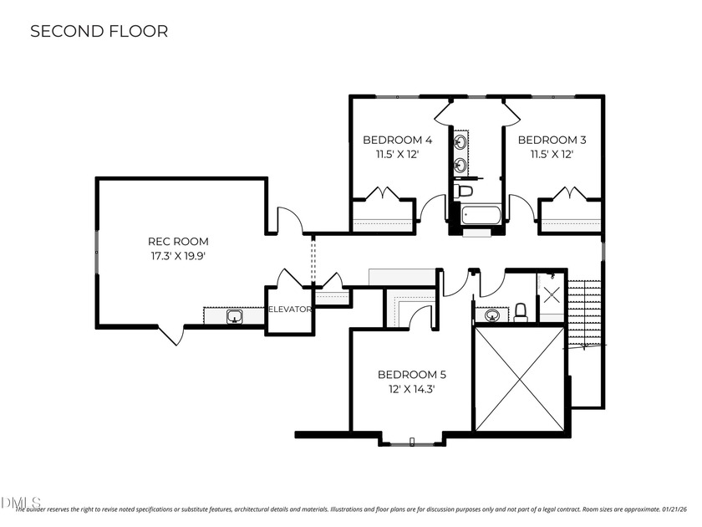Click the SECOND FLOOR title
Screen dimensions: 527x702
click(99, 32)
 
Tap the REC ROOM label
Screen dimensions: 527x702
click(178, 242)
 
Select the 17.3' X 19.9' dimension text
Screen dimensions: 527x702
click(178, 256)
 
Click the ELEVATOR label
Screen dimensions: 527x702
click(290, 310)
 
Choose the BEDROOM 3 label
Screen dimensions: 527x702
click(552, 140)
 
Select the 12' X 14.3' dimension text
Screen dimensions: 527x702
click(412, 389)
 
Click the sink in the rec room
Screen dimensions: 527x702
click(236, 316)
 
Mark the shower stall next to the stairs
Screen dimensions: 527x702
click(552, 294)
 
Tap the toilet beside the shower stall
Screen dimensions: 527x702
click(520, 312)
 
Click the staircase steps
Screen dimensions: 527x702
click(585, 314)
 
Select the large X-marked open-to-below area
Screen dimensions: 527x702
click(519, 379)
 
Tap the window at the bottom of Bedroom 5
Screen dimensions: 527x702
click(413, 443)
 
